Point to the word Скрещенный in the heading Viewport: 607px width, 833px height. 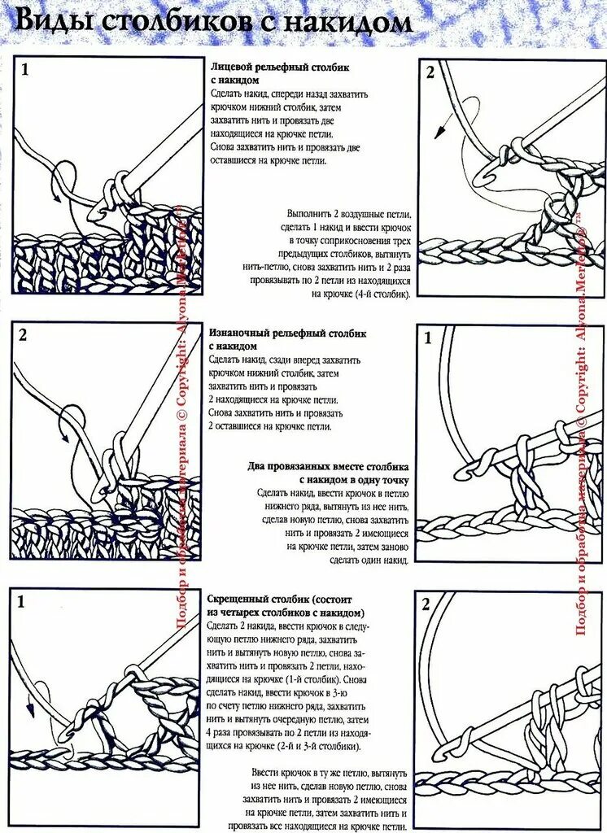(240, 600)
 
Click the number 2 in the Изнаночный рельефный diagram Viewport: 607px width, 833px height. (24, 335)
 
